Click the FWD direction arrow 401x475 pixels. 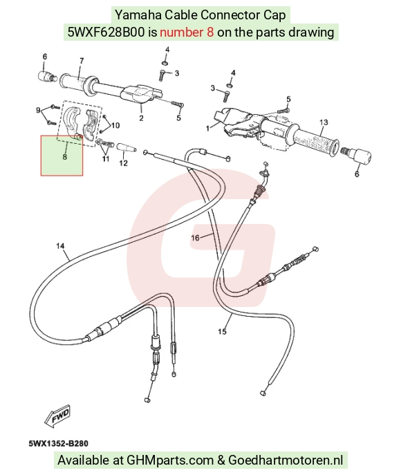(57, 416)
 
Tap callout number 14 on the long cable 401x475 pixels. (60, 245)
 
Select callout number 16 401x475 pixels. (196, 238)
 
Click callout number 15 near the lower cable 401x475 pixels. (222, 331)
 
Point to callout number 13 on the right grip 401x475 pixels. (324, 122)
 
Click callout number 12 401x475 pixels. (123, 163)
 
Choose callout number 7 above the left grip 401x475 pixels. (82, 61)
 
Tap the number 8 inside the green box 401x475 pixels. (64, 157)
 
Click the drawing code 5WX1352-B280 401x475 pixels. (59, 443)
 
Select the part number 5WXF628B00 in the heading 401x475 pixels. (106, 32)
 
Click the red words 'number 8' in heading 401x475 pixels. (187, 32)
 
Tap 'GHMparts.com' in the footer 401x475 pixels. (170, 460)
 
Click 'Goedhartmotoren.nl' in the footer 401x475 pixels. (286, 460)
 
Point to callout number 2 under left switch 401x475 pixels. (141, 118)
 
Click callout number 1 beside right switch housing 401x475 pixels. (208, 129)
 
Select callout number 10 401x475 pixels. (115, 125)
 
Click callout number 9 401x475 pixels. (38, 110)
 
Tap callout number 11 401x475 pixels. (105, 158)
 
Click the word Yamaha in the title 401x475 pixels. (138, 15)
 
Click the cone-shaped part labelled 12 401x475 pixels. (127, 148)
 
